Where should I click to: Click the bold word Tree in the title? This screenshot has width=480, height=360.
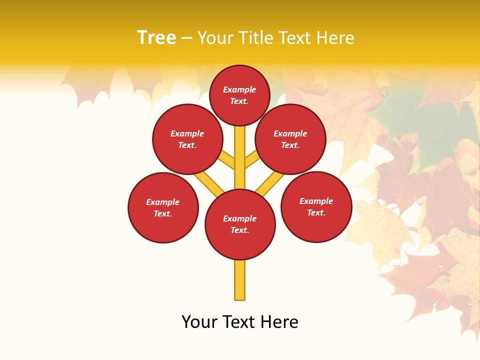[x=156, y=38]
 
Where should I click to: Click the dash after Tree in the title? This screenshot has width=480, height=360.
[x=186, y=38]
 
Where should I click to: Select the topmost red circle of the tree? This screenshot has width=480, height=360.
[x=239, y=95]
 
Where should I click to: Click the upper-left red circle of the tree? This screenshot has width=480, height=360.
[x=187, y=139]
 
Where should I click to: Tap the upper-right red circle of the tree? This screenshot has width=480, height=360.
[x=290, y=139]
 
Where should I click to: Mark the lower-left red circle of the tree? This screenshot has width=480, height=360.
[x=163, y=207]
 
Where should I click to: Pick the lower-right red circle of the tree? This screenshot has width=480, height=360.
[x=316, y=206]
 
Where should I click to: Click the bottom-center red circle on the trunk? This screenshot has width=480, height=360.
[x=240, y=224]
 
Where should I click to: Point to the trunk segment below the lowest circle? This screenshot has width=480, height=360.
[x=240, y=280]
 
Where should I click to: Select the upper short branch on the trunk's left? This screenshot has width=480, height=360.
[x=227, y=160]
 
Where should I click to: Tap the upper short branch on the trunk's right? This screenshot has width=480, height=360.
[x=251, y=160]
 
